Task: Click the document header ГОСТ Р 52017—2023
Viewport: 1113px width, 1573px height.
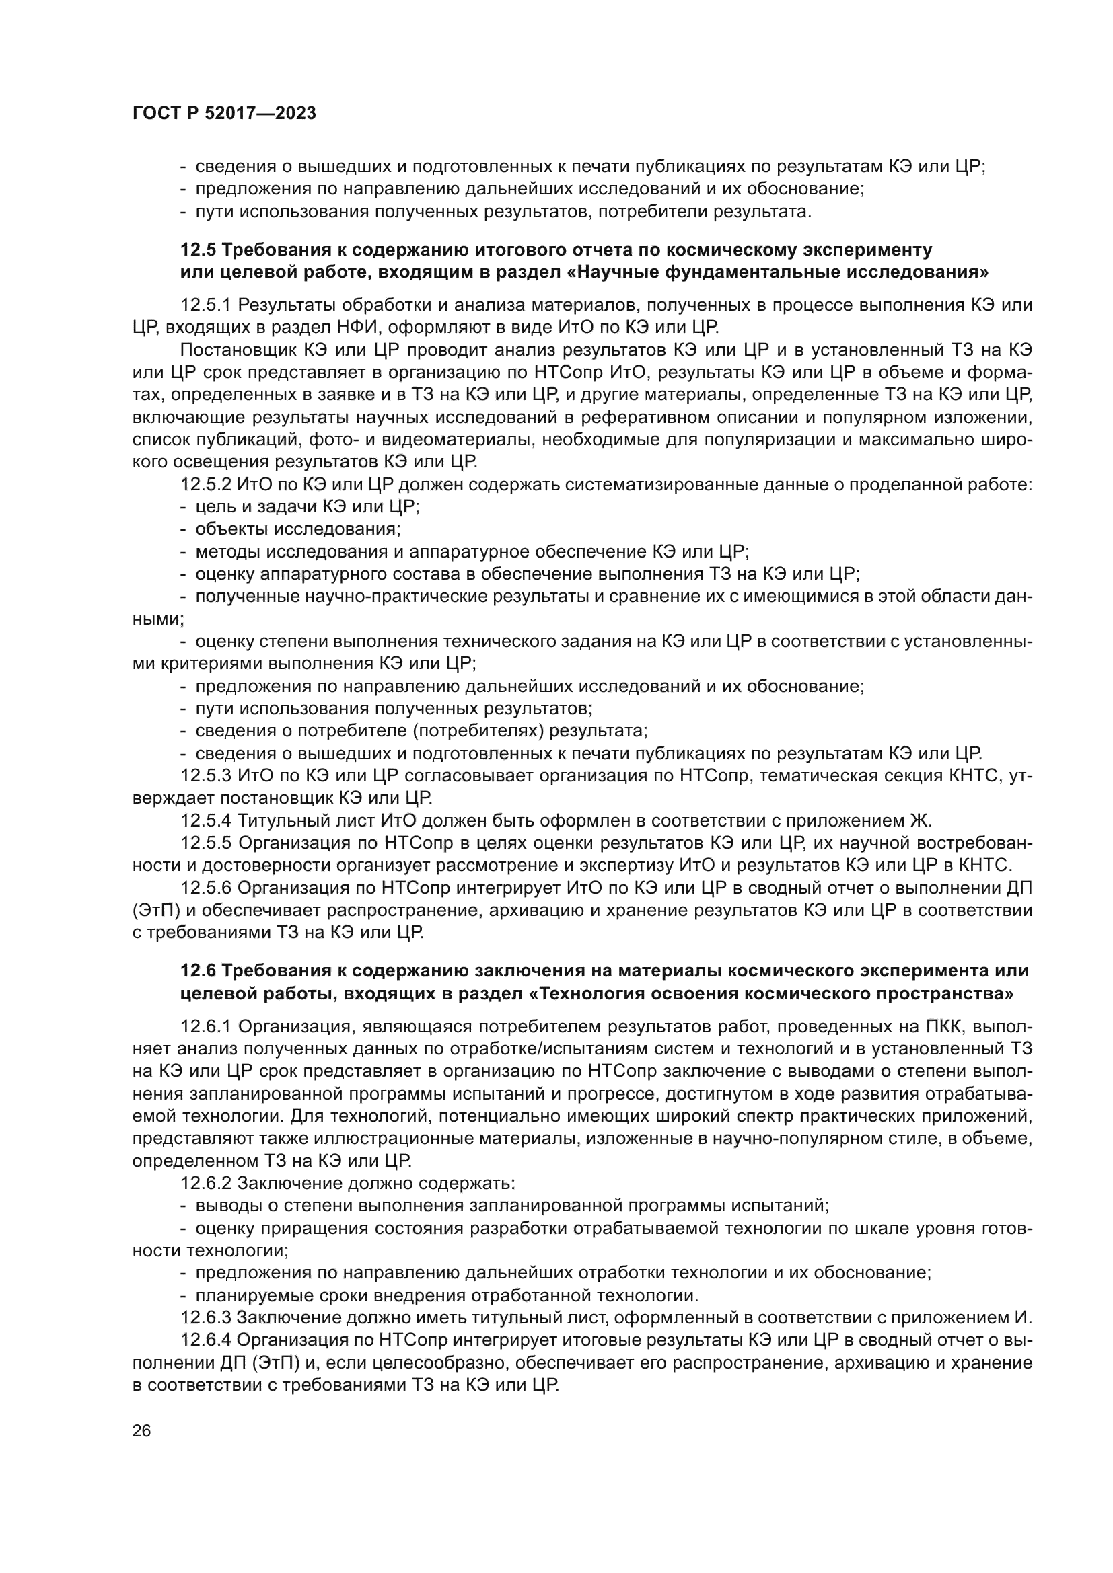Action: (224, 114)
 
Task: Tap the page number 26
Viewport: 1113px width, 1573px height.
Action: (141, 1430)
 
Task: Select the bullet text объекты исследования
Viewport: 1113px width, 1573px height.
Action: (298, 529)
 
